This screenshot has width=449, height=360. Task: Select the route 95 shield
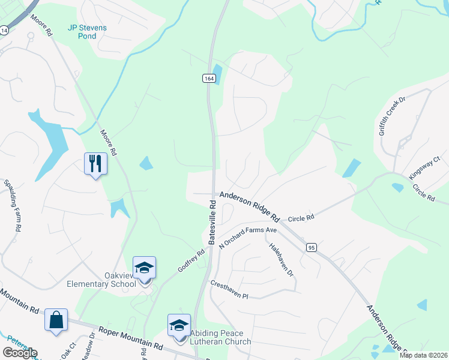point(310,247)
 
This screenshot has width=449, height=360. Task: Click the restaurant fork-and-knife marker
point(95,164)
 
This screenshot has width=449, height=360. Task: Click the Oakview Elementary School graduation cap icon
point(144,268)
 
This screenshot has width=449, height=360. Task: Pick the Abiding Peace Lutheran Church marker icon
point(179,325)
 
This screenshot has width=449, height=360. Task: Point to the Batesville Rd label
point(212,221)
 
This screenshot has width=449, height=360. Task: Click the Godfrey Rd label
point(191,261)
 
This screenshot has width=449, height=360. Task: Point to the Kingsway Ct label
point(424,167)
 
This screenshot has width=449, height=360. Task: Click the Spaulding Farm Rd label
point(13,205)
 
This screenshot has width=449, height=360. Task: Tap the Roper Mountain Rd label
point(131,338)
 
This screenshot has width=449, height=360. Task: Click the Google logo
point(20,352)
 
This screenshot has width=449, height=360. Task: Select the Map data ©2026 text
point(423,355)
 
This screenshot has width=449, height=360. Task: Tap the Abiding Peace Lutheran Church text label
point(221,338)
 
